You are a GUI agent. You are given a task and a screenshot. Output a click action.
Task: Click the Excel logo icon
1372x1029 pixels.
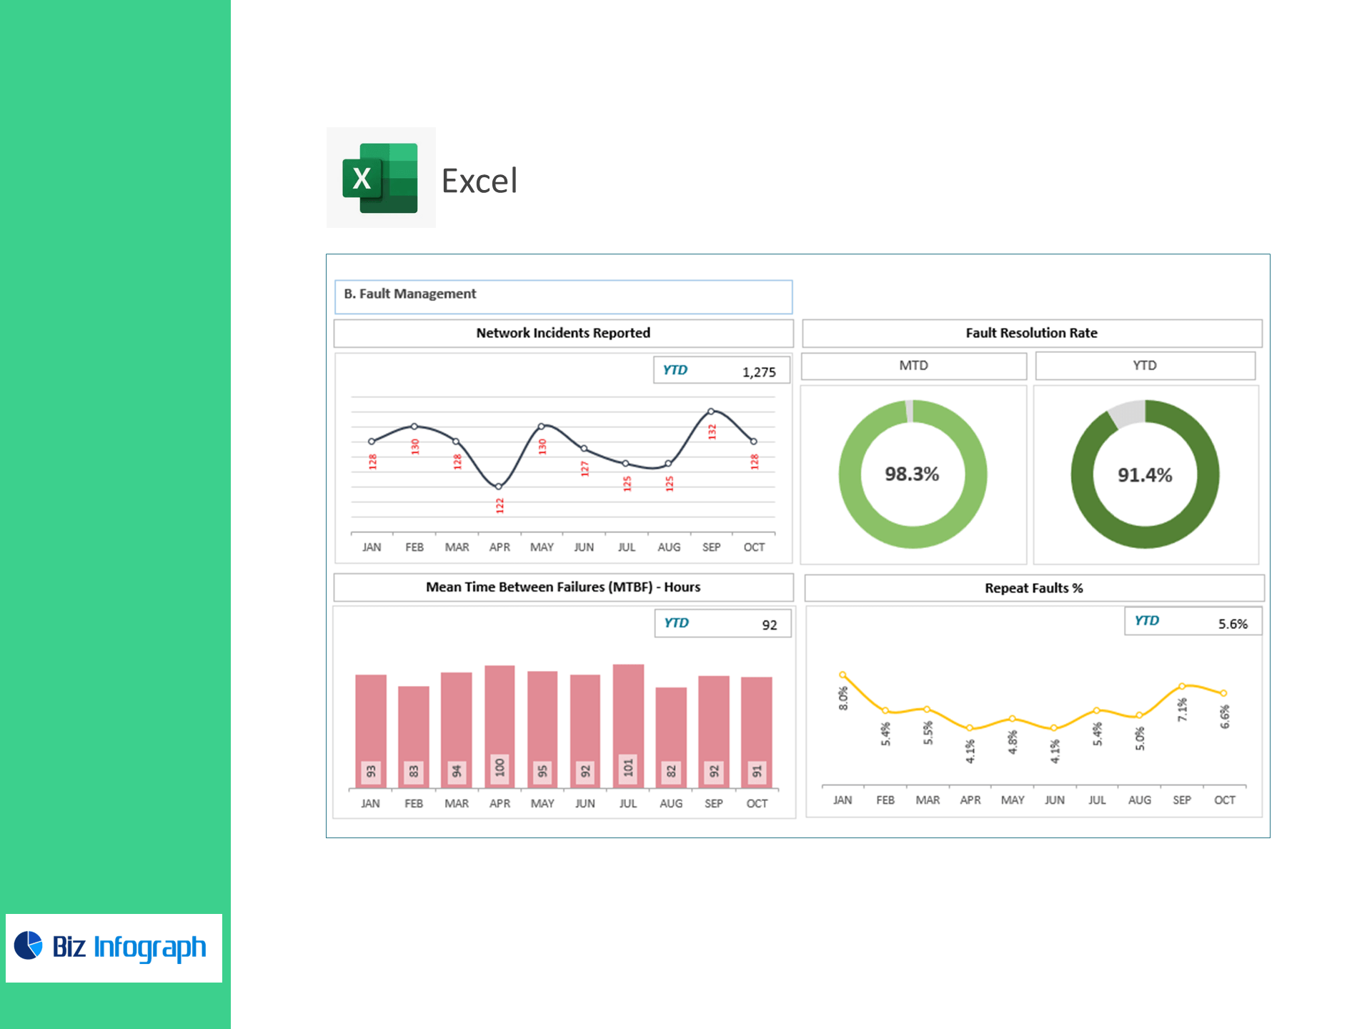380,178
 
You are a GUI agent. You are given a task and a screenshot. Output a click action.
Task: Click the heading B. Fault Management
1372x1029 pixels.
410,294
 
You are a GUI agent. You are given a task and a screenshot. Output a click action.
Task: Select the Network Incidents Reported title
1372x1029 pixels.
563,333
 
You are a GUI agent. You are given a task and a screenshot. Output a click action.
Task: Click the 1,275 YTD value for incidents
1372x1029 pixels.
758,372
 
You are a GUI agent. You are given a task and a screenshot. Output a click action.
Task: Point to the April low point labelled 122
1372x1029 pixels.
499,487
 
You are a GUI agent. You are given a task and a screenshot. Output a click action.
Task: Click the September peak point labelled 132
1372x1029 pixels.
711,412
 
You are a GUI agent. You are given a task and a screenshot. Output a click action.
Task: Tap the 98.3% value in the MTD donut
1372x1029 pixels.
912,474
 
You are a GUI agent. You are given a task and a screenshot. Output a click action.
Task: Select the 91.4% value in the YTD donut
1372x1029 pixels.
1145,475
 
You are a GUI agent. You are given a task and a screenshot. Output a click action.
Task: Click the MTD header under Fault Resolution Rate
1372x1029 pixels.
913,366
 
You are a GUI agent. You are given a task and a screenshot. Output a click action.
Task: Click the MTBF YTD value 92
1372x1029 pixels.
769,625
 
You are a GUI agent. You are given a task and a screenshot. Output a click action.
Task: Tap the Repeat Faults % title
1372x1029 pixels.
1033,588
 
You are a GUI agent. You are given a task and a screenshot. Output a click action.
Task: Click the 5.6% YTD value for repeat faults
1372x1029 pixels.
1233,624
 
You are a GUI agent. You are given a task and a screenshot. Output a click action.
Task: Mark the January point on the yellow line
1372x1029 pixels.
843,675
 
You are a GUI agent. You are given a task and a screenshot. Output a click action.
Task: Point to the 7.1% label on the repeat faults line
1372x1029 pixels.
1183,710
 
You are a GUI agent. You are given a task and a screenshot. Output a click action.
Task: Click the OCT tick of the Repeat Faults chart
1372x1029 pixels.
1224,800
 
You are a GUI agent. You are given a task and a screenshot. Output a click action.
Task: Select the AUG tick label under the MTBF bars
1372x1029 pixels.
671,804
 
